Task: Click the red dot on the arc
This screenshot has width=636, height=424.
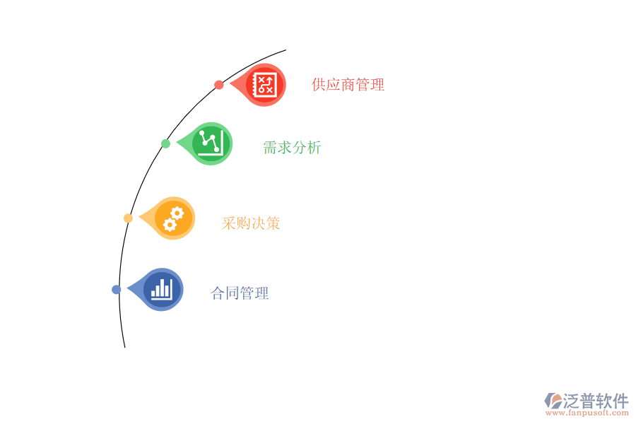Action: coord(219,85)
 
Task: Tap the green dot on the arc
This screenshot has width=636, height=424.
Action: coord(165,143)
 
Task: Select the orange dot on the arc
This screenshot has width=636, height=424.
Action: coord(128,218)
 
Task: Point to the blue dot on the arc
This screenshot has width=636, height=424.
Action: coord(117,289)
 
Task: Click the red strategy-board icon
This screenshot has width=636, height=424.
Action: coord(266,85)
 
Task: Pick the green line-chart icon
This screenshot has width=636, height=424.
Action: coord(211,143)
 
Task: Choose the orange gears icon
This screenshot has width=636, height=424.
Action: coord(174,218)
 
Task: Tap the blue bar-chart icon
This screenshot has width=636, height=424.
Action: coord(162,289)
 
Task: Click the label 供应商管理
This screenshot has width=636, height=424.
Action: coord(348,85)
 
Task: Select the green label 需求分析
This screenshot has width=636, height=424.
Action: coord(292,148)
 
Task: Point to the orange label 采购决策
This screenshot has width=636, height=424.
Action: coord(251,223)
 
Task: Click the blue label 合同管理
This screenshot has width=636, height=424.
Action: coord(240,293)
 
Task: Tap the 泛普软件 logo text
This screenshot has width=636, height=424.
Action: coord(596,401)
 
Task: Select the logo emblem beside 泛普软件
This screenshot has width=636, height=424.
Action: coord(553,401)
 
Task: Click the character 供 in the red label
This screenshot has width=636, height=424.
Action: coord(319,85)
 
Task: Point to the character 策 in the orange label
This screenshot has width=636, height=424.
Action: coord(273,223)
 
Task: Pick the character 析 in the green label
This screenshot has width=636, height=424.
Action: coord(314,148)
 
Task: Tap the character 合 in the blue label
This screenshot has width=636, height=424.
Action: coord(218,293)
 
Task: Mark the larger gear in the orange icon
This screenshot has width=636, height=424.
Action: coord(177,213)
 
